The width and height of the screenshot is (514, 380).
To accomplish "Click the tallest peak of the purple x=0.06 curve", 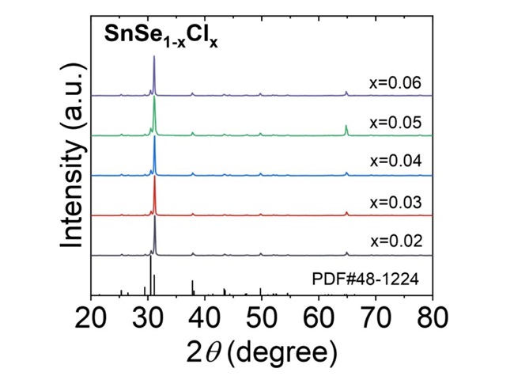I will coord(154,57).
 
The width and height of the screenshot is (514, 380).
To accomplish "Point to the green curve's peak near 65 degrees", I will coord(346,126).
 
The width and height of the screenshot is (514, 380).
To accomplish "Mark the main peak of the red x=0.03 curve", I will coord(154,177).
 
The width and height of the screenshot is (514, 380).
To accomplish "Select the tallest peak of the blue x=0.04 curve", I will coord(154,138).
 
